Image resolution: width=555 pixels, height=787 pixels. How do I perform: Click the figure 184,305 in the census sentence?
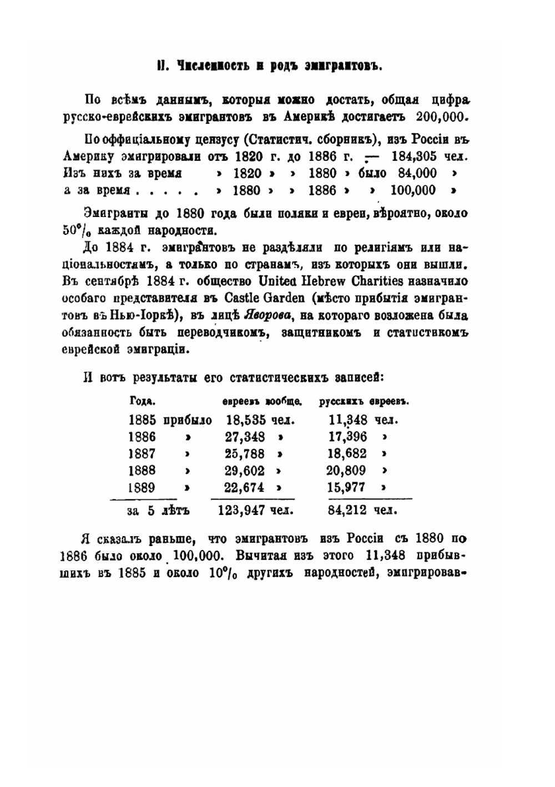click(x=416, y=155)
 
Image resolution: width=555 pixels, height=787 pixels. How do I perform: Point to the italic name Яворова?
click(x=265, y=316)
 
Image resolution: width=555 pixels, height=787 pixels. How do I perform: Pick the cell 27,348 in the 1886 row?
click(x=245, y=437)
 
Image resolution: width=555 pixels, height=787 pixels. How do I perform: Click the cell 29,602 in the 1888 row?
click(x=245, y=471)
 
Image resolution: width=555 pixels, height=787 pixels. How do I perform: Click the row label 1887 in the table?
click(x=142, y=453)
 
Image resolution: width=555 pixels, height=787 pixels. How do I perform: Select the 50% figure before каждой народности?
click(x=73, y=229)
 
